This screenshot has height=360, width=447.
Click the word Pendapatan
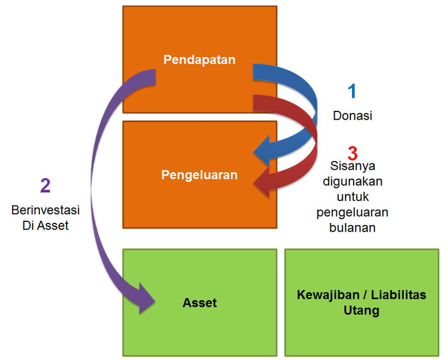pos(199,60)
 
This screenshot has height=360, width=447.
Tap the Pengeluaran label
pos(199,175)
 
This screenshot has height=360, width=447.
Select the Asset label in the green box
pos(200,303)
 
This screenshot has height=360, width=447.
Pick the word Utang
pos(361,311)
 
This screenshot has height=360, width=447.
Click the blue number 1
pos(352,91)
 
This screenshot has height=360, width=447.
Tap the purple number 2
pos(45,186)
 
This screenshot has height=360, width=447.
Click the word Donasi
pos(353,116)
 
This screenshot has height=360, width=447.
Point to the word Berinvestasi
pos(46,210)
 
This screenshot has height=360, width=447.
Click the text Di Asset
pos(46,225)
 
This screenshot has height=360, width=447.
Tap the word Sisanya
pos(353,166)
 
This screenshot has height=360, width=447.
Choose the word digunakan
pos(353,181)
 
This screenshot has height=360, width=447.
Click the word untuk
pos(353,197)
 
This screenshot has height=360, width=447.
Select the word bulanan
pos(353,228)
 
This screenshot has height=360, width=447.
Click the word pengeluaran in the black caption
pos(353,213)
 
